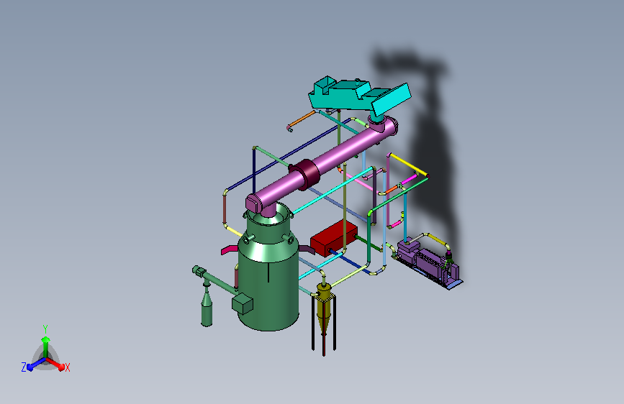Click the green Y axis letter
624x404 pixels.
point(45,329)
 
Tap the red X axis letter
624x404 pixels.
point(67,368)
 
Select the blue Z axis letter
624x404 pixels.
point(24,367)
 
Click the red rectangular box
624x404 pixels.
point(333,238)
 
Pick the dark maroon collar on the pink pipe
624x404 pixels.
point(304,174)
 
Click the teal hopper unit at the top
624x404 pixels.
point(358,96)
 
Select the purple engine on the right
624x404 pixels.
point(428,263)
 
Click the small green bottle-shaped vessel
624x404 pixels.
point(207,306)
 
